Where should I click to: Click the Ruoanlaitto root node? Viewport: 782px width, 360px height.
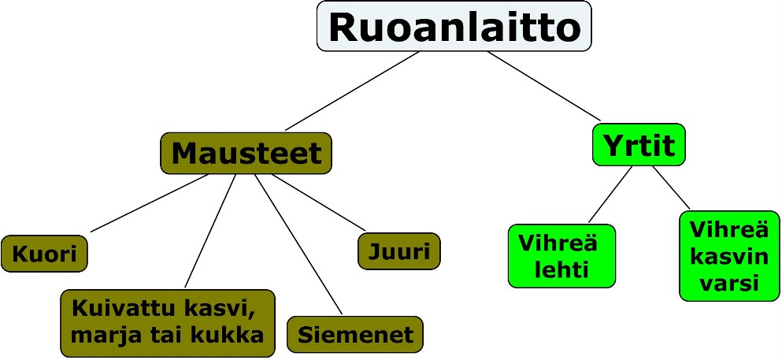click(454, 28)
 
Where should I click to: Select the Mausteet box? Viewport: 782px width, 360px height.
click(246, 153)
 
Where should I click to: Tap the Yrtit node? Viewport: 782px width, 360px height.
click(639, 146)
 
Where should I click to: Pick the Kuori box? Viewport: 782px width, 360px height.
click(44, 254)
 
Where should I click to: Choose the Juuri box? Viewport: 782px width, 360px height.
click(399, 251)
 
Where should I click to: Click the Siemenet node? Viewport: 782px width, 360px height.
click(355, 334)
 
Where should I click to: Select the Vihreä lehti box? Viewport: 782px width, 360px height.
click(561, 256)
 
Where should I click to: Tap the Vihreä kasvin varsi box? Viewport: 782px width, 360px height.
click(728, 255)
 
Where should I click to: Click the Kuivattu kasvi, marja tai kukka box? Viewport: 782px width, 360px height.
click(167, 321)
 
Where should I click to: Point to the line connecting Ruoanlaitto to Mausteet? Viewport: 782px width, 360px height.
click(352, 91)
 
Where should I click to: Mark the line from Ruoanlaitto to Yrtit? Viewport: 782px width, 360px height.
click(543, 86)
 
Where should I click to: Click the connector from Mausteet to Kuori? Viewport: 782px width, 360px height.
click(150, 203)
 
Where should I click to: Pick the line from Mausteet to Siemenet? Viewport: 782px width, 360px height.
click(298, 244)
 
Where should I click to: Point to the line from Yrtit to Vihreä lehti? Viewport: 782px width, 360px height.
click(610, 195)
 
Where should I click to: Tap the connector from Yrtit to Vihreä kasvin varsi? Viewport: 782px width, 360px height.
click(670, 189)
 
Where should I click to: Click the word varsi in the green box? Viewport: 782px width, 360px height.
click(728, 282)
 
